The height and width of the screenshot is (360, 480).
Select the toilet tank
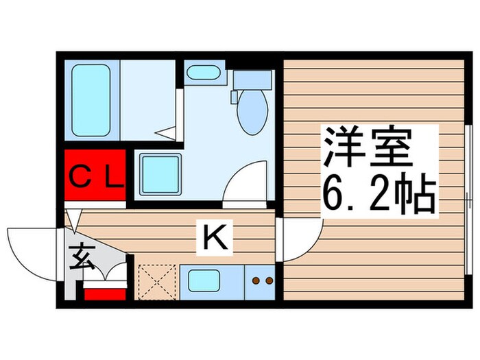pyautogui.click(x=252, y=81)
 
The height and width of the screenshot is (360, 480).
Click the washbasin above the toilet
pyautogui.click(x=203, y=73)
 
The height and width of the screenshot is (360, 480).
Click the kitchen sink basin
pyautogui.click(x=204, y=281)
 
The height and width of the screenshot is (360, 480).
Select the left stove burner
pyautogui.click(x=256, y=280)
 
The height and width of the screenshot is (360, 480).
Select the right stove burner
pyautogui.click(x=269, y=280)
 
